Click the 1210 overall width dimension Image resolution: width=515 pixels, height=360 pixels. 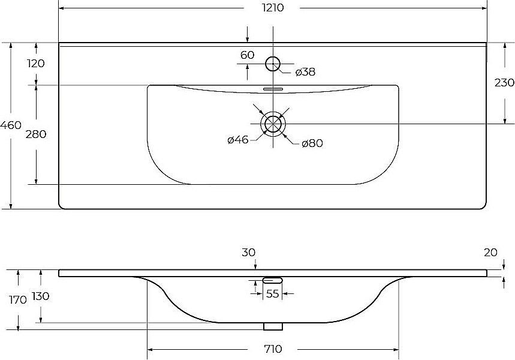tap(273, 8)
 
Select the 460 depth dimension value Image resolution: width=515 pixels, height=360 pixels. tap(11, 125)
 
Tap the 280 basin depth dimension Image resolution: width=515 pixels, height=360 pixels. tap(36, 134)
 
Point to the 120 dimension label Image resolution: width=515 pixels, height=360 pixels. tap(36, 63)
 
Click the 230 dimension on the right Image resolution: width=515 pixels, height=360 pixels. tap(504, 83)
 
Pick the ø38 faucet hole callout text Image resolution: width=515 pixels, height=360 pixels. tap(305, 71)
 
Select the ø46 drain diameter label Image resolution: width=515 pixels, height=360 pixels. tap(238, 140)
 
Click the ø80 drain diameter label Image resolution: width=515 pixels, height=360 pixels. tap(312, 143)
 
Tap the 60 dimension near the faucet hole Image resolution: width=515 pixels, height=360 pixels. tap(248, 55)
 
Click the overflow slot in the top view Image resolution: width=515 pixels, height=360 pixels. tap(273, 88)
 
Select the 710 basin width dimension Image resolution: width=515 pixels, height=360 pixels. tap(273, 349)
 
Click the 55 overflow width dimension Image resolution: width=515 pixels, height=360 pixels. tap(273, 293)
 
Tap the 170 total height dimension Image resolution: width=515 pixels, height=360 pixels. tap(18, 300)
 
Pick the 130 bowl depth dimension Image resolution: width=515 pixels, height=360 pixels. tap(41, 296)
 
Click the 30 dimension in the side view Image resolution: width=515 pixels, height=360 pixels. tap(248, 253)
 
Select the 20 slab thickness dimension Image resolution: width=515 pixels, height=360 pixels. tap(490, 253)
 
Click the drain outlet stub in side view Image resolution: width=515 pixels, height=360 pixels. tap(273, 326)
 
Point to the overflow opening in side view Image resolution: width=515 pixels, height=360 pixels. tap(273, 280)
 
